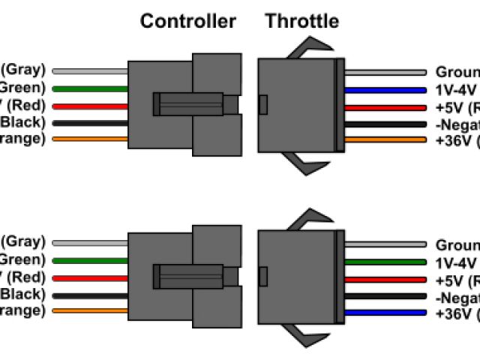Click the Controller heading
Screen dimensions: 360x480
(187, 21)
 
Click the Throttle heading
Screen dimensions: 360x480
(301, 21)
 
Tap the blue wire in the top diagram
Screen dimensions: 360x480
(386, 89)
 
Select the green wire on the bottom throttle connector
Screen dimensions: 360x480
(386, 262)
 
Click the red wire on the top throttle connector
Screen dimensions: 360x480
(386, 106)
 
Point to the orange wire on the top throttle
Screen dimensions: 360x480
(386, 139)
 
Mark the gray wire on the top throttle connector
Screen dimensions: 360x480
(386, 73)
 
